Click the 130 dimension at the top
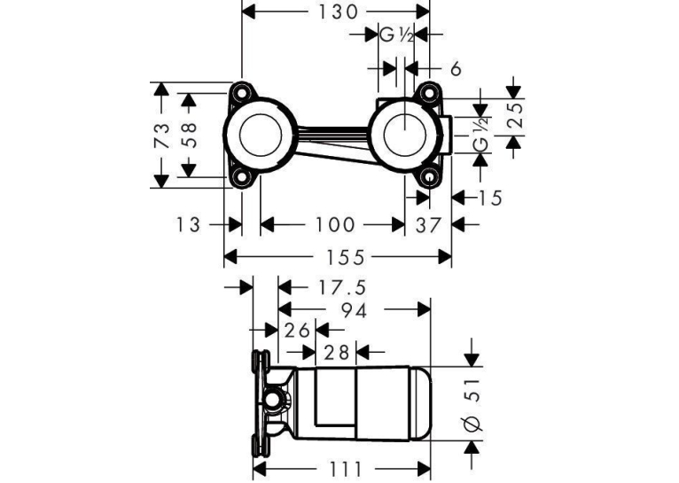tap(339, 12)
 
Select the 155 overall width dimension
tap(345, 258)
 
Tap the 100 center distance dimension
tap(334, 224)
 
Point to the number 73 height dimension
tap(161, 136)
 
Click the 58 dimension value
tap(189, 136)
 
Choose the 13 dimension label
tap(188, 225)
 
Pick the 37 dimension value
tap(428, 225)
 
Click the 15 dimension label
tap(489, 199)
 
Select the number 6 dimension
tap(456, 69)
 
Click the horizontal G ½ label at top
tap(396, 35)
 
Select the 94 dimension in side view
tap(354, 310)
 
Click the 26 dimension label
tap(297, 331)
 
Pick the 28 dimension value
tap(337, 353)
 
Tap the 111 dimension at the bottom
tap(346, 469)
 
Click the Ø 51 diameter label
tap(472, 405)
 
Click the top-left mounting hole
tap(241, 93)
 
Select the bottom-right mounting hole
tap(429, 177)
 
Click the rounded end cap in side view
tap(420, 404)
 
